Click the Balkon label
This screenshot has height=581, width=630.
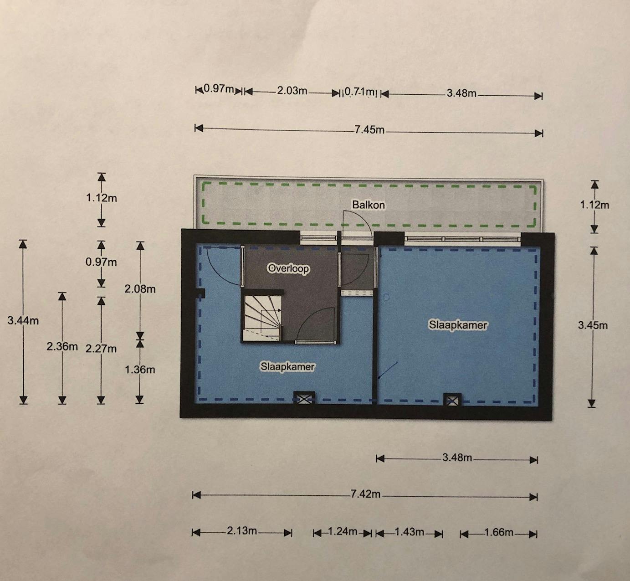click(368, 205)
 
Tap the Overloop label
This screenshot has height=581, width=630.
click(288, 268)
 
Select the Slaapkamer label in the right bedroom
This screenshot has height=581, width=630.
click(458, 325)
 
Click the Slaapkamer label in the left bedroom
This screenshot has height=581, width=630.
click(287, 366)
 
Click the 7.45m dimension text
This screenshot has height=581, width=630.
click(369, 130)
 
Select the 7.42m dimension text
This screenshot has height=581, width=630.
click(365, 494)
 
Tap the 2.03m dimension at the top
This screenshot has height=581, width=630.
click(292, 91)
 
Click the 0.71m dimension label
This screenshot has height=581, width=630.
click(359, 92)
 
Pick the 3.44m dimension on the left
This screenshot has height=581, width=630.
click(23, 320)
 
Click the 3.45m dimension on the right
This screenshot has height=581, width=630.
click(593, 325)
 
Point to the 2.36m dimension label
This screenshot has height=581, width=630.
click(62, 346)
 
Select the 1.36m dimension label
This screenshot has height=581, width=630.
click(140, 370)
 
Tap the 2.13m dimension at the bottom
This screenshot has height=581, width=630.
click(242, 531)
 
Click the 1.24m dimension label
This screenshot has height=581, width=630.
click(343, 532)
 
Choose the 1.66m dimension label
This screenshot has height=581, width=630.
click(499, 532)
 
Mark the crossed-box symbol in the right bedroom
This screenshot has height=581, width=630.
click(452, 400)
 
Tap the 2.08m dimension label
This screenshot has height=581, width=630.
click(140, 289)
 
